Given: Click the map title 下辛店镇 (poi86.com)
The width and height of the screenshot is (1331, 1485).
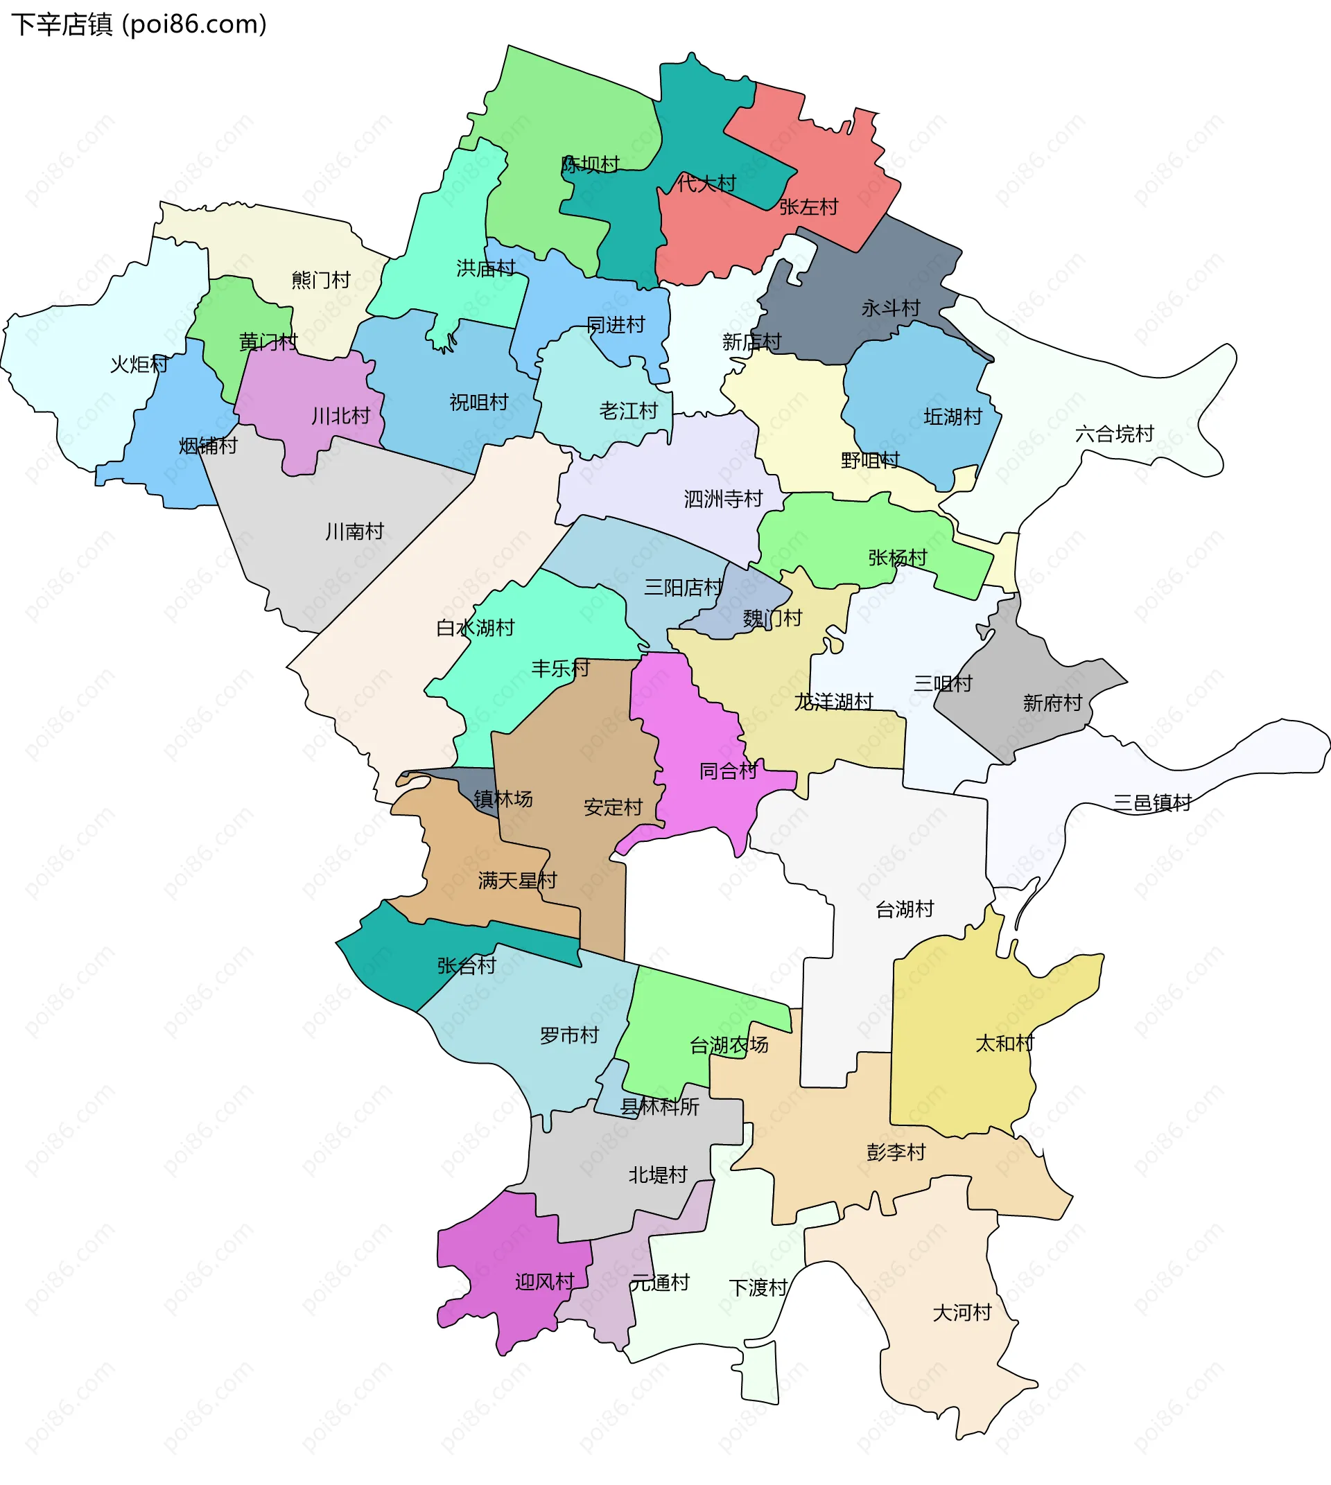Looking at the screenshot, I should coord(139,25).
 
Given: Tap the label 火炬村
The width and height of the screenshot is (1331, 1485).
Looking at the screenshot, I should coord(139,364).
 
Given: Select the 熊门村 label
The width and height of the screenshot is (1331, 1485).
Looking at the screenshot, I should coord(321,280).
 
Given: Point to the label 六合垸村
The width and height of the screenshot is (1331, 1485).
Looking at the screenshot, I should coord(1115,434).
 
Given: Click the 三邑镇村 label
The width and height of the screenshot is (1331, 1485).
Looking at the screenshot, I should coord(1153,803).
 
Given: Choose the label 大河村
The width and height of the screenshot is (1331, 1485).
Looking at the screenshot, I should coord(962,1313).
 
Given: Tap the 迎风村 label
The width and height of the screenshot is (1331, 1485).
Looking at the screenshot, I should coord(545,1282).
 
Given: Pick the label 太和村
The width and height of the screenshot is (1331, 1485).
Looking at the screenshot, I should coord(1004,1044).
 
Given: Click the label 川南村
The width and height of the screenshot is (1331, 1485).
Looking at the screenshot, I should coord(355,531).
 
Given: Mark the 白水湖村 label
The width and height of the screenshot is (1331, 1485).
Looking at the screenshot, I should coord(476,628).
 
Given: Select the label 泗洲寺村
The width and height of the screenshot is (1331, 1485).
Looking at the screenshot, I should coord(723,500).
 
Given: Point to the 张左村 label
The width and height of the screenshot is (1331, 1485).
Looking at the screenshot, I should coord(809,208).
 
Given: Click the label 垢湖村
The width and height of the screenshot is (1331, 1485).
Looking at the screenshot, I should coord(953,417).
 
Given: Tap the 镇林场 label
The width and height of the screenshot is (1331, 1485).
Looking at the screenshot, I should coord(503,799).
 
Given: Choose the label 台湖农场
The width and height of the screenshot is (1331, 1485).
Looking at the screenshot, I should coord(729,1046).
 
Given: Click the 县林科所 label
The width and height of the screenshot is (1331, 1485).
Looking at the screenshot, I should coord(660,1107).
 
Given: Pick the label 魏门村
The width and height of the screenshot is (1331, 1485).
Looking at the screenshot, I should coord(773,619).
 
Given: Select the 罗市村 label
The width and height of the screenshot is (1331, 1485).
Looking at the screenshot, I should coord(570,1035).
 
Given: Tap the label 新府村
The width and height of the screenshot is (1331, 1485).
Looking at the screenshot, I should coord(1052,703).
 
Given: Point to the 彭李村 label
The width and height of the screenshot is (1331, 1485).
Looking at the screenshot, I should coord(896,1152).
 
